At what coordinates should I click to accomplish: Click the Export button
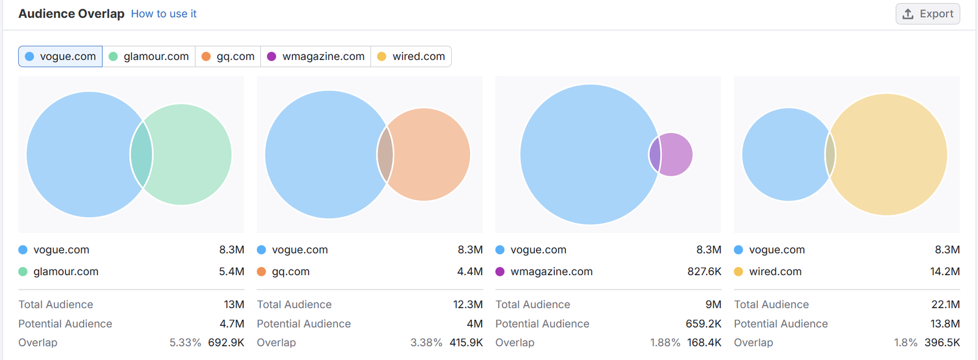(927, 14)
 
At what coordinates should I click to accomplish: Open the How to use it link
(164, 13)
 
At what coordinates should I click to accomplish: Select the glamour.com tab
(149, 56)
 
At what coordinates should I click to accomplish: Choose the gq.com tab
(228, 56)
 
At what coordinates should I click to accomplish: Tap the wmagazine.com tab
(316, 56)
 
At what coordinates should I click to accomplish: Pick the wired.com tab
(411, 56)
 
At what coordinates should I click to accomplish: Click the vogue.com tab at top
(61, 56)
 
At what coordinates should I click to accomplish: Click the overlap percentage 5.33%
(185, 343)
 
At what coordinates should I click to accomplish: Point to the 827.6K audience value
(704, 271)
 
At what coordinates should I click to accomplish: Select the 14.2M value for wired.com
(945, 271)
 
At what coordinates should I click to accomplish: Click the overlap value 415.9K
(466, 343)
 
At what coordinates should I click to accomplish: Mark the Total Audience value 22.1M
(946, 304)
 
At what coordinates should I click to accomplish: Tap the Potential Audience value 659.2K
(704, 324)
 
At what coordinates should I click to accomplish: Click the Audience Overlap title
(72, 13)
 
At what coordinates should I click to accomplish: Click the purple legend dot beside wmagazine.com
(500, 271)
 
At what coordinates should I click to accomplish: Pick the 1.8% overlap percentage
(906, 343)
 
